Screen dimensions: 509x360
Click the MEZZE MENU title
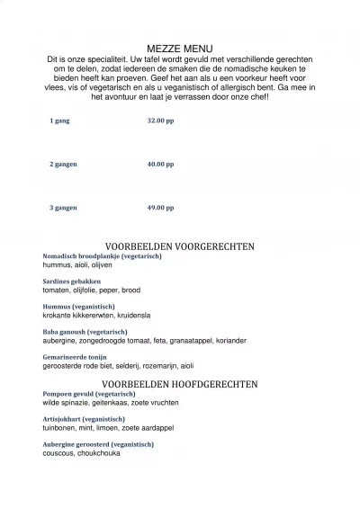[x=180, y=49]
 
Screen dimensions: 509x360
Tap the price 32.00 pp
[x=160, y=121]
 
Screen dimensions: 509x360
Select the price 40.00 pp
[x=160, y=165]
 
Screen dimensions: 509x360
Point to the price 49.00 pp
[x=160, y=208]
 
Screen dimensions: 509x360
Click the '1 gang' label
[x=59, y=121]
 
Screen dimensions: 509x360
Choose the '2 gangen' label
[x=63, y=165]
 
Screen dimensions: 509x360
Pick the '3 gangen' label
[x=63, y=208]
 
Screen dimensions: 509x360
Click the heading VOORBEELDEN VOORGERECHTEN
[x=180, y=246]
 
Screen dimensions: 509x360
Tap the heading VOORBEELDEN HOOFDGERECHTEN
[x=180, y=384]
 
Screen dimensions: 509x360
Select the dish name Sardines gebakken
[x=72, y=281]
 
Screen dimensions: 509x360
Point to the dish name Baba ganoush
[x=65, y=332]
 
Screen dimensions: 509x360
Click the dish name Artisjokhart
[x=61, y=419]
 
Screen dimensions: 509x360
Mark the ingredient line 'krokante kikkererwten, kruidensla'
[x=96, y=316]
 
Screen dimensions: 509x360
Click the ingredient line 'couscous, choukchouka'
[x=81, y=453]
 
